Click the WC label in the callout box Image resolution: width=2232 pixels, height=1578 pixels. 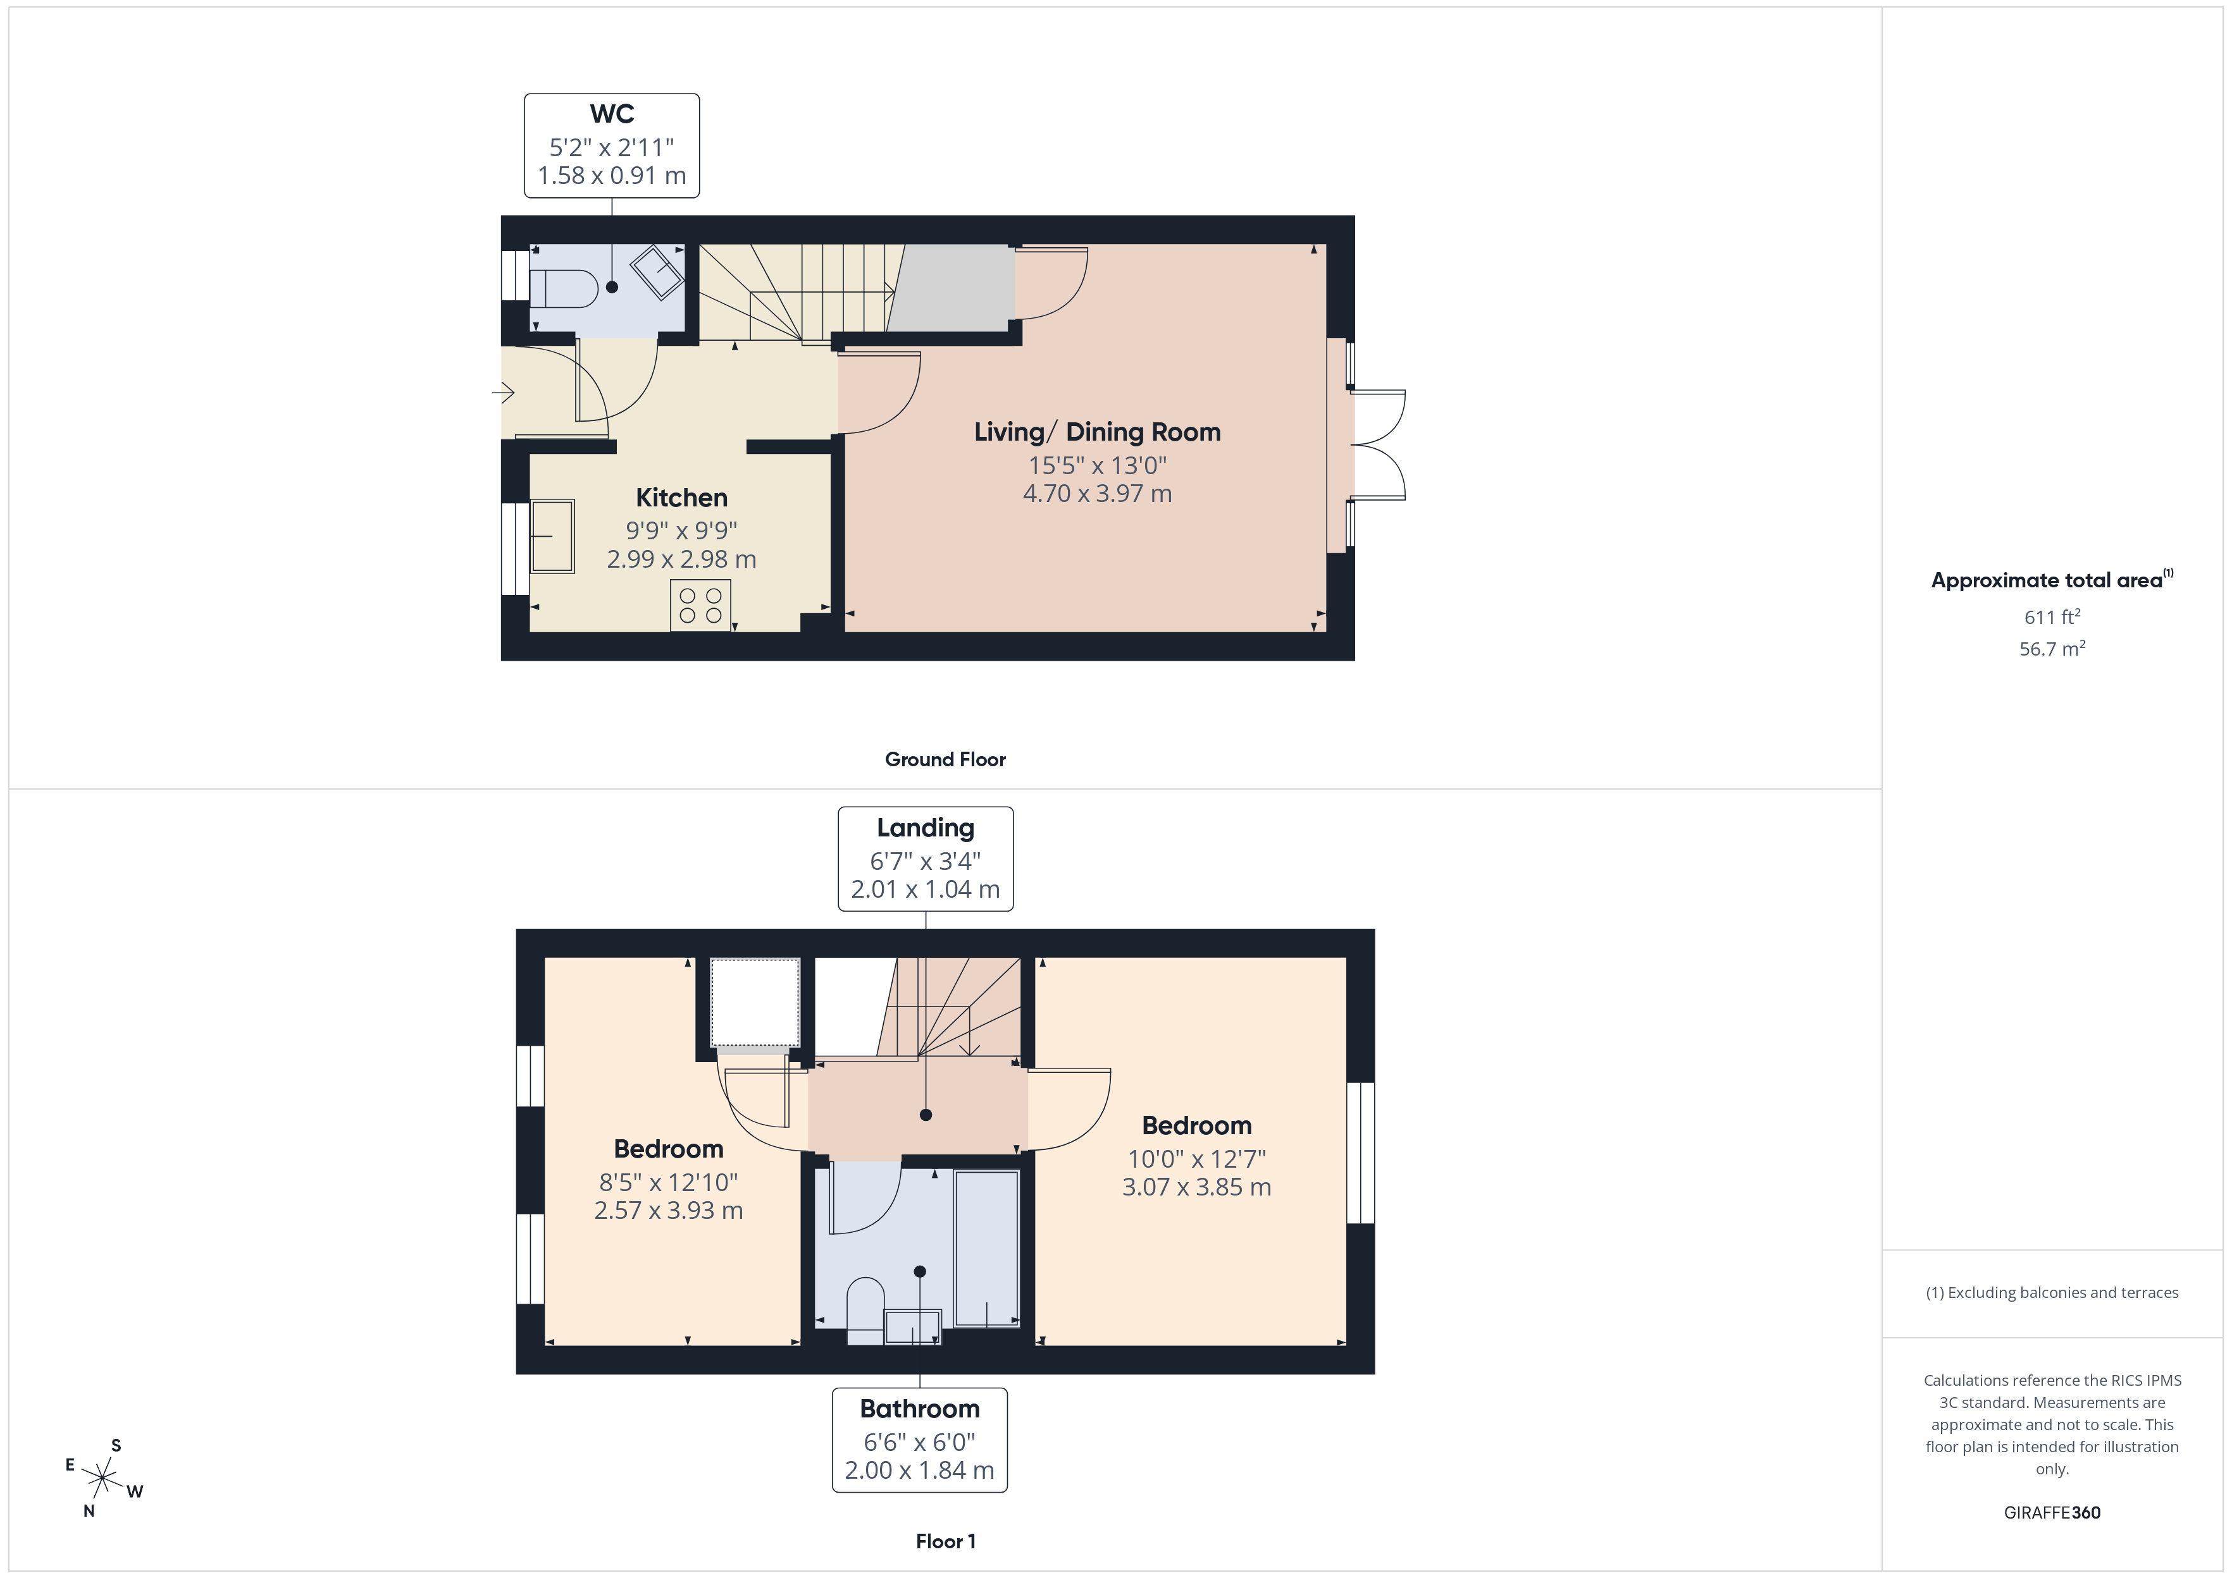tap(612, 114)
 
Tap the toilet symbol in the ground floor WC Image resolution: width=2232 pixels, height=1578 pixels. tap(564, 288)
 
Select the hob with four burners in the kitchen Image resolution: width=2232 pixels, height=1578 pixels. tap(700, 604)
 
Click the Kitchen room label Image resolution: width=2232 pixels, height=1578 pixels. tap(681, 498)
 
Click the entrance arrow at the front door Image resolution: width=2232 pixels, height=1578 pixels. tap(504, 393)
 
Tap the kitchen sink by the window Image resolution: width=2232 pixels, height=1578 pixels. tap(552, 535)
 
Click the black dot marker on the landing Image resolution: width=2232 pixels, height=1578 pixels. tap(926, 1115)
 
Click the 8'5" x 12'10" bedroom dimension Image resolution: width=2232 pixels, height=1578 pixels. tap(668, 1182)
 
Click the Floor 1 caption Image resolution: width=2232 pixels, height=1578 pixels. tap(945, 1541)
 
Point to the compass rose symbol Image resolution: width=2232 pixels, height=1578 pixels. tap(102, 1479)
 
